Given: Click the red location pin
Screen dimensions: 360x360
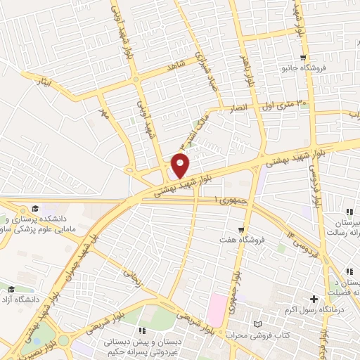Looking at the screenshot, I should [x=181, y=166].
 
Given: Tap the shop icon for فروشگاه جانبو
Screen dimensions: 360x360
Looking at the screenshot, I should [x=302, y=58].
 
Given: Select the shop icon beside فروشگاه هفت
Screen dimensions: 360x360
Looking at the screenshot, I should [x=240, y=229].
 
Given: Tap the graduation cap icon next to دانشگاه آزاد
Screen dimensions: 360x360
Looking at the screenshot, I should [x=11, y=290].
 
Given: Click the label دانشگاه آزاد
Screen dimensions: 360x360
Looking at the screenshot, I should [x=24, y=302].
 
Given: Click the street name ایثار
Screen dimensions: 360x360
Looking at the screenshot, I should [x=44, y=82].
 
